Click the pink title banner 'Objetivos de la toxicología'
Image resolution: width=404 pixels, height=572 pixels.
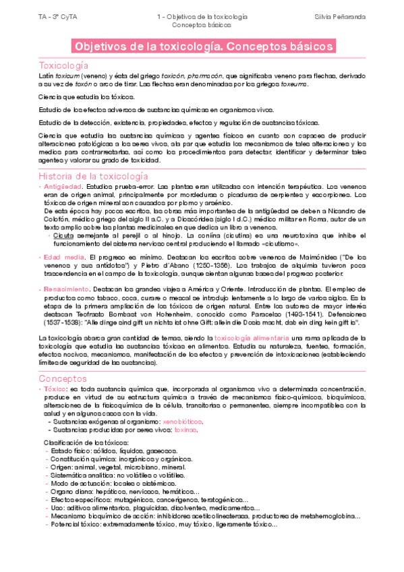click(x=202, y=47)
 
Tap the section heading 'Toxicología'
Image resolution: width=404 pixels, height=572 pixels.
click(x=64, y=66)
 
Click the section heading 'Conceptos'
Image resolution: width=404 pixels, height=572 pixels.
click(x=61, y=378)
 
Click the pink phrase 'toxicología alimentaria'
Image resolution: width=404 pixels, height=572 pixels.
click(x=249, y=336)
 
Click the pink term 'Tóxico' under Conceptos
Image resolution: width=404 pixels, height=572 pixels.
click(x=53, y=389)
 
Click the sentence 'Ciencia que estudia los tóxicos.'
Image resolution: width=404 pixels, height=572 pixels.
click(x=86, y=97)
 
